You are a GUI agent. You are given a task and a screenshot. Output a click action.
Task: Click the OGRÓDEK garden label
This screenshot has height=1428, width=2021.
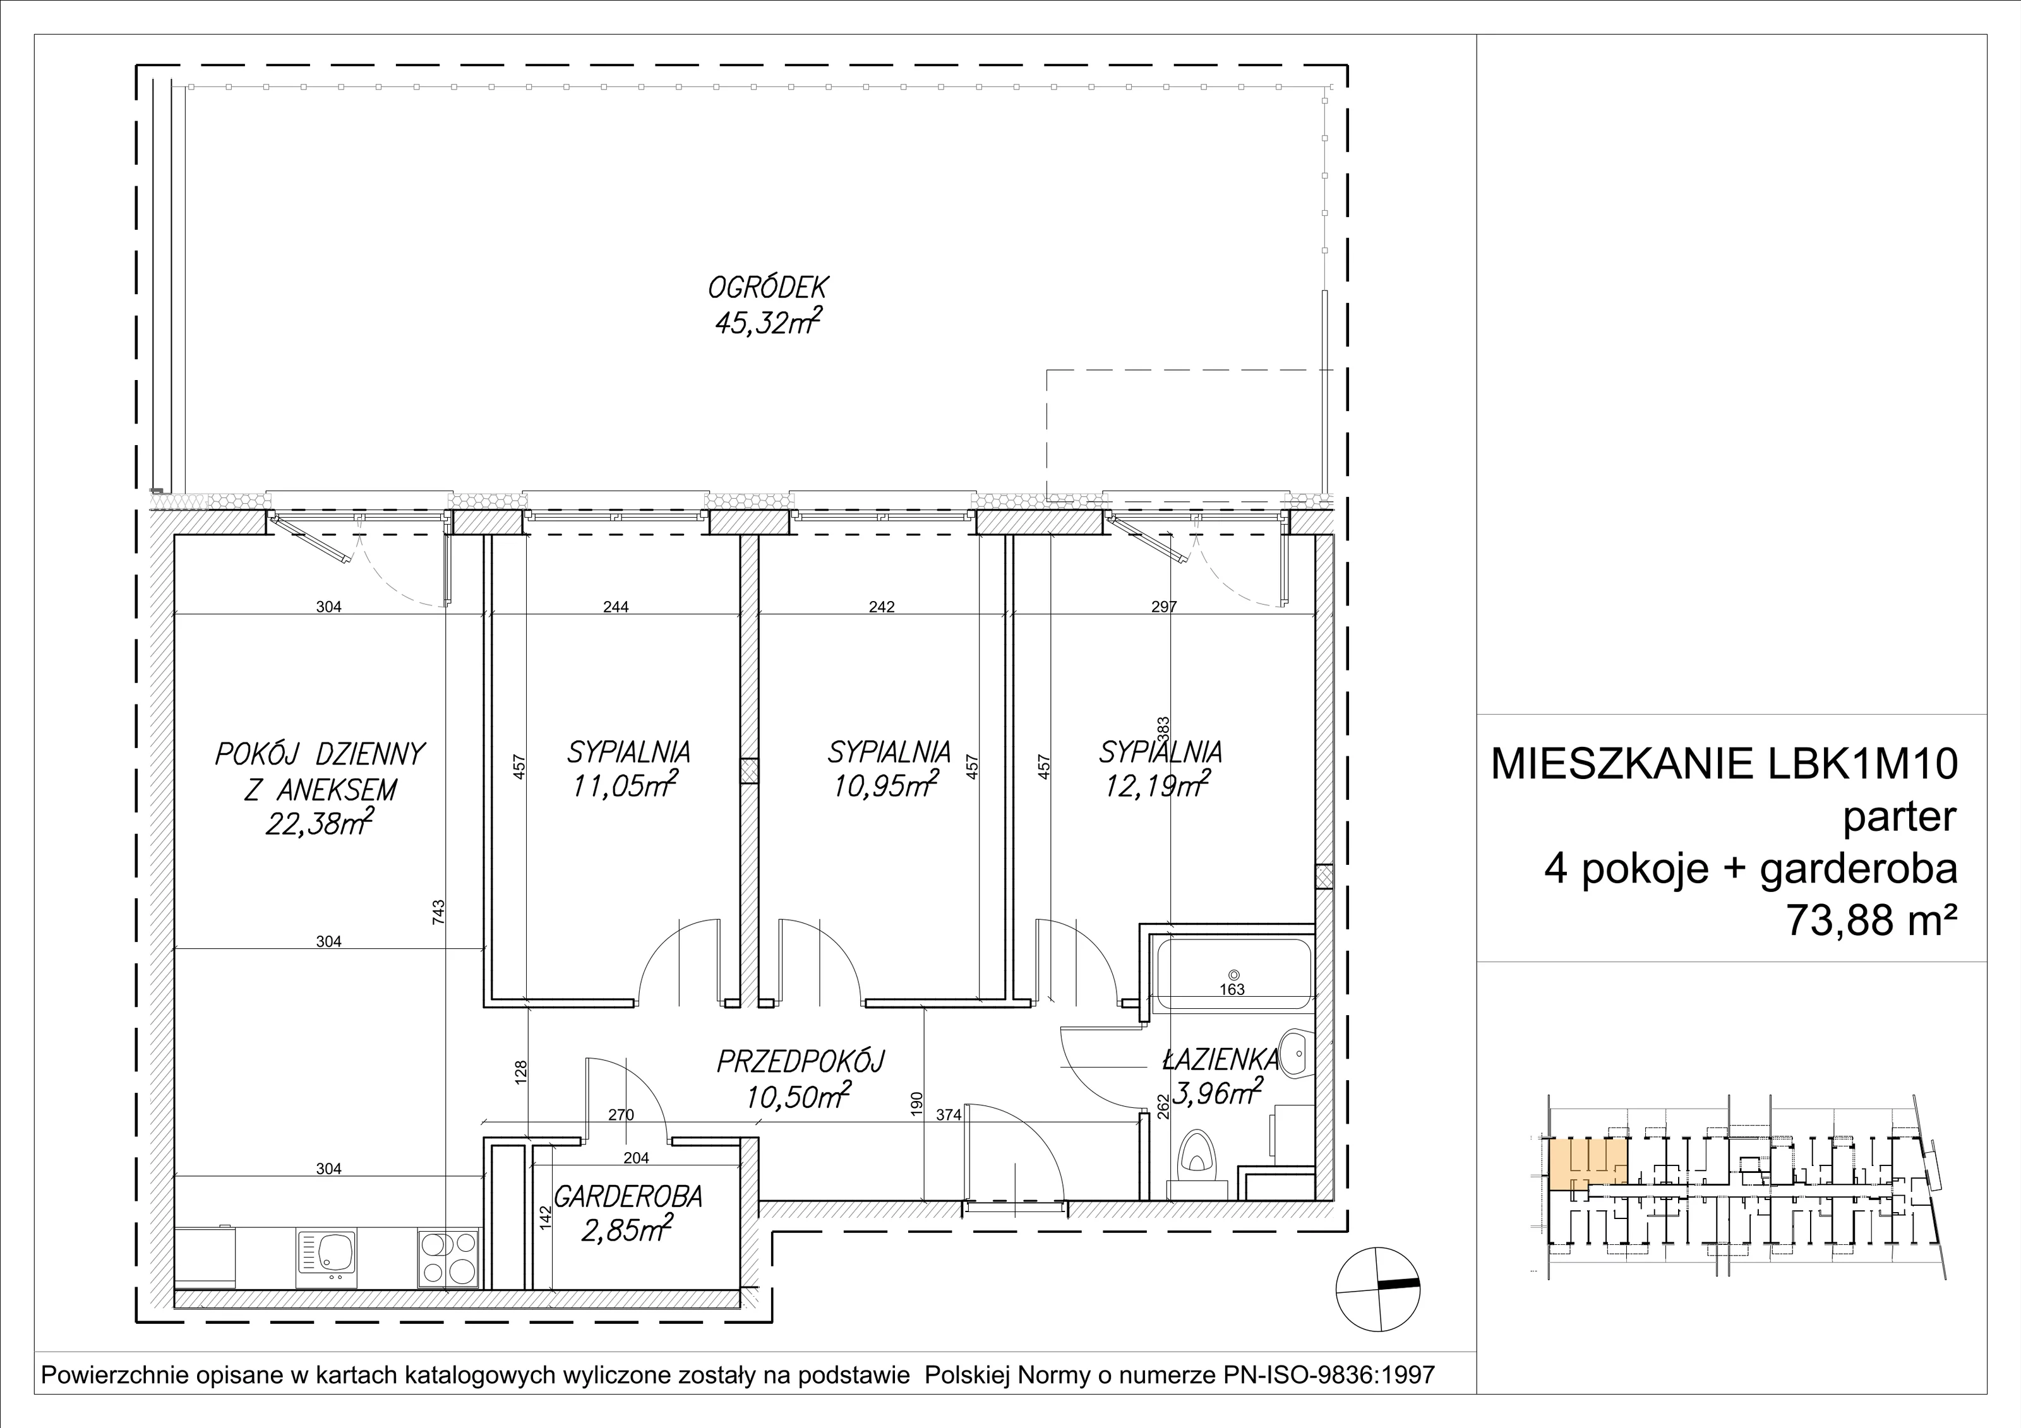(x=769, y=288)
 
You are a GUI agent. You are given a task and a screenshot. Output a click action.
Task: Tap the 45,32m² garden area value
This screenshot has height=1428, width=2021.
(x=769, y=322)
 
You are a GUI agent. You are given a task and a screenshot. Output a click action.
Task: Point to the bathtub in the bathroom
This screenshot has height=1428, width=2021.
(x=1234, y=975)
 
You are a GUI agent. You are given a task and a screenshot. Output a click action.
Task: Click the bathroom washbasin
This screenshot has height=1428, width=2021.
(x=1295, y=1052)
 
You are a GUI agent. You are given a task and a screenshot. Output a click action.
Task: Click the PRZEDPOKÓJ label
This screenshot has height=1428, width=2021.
(x=800, y=1061)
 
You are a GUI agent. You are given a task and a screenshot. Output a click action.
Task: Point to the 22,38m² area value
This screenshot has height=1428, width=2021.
(x=320, y=824)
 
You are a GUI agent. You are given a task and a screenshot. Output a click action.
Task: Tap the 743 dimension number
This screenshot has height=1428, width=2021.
(x=439, y=910)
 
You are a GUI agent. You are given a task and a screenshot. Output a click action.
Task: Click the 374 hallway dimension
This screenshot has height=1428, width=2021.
(x=949, y=1115)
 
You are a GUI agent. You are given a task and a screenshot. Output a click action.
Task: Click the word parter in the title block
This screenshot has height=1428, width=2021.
(x=1900, y=818)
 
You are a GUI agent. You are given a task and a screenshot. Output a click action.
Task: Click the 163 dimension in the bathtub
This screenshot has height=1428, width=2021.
(x=1232, y=990)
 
